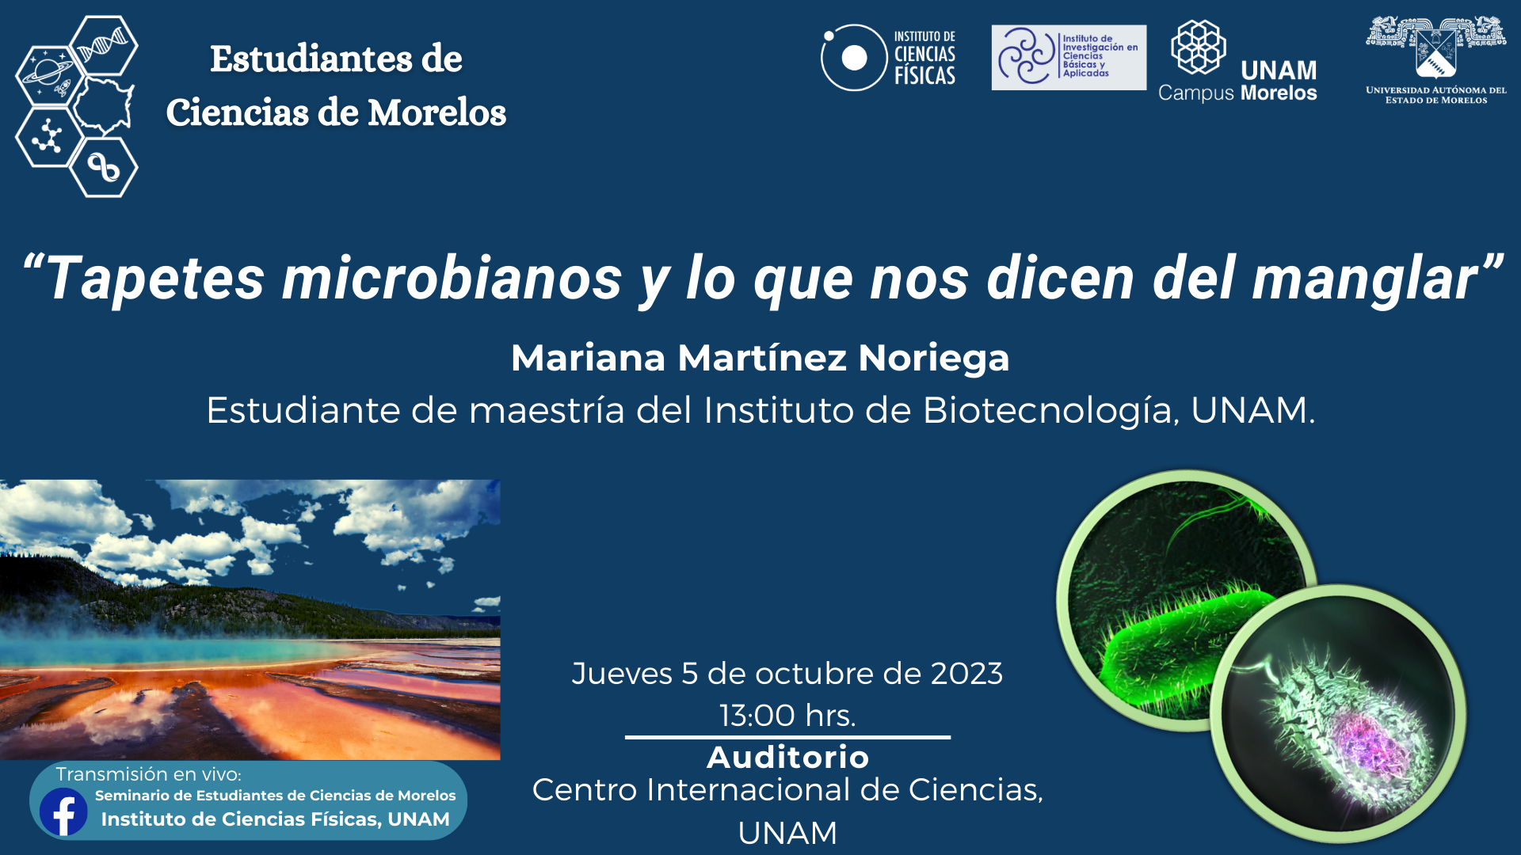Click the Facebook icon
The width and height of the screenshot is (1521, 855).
(63, 811)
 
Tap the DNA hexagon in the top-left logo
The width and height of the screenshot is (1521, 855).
(104, 45)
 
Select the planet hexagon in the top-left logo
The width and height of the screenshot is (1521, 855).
(49, 76)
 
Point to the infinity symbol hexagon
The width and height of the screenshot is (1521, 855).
(104, 167)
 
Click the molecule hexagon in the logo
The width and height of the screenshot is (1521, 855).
(49, 137)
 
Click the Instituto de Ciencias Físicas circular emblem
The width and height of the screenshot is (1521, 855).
(853, 57)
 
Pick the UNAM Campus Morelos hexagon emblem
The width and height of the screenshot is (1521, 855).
(1199, 47)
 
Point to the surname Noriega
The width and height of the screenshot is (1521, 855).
(934, 358)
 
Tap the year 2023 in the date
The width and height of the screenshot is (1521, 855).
(966, 674)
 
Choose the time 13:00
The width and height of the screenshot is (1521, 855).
(757, 716)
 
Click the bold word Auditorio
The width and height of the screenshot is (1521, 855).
(788, 758)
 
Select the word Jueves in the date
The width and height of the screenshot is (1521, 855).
(622, 674)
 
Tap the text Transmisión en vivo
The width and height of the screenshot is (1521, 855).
(148, 774)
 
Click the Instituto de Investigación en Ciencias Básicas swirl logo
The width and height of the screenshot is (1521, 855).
(1027, 56)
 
